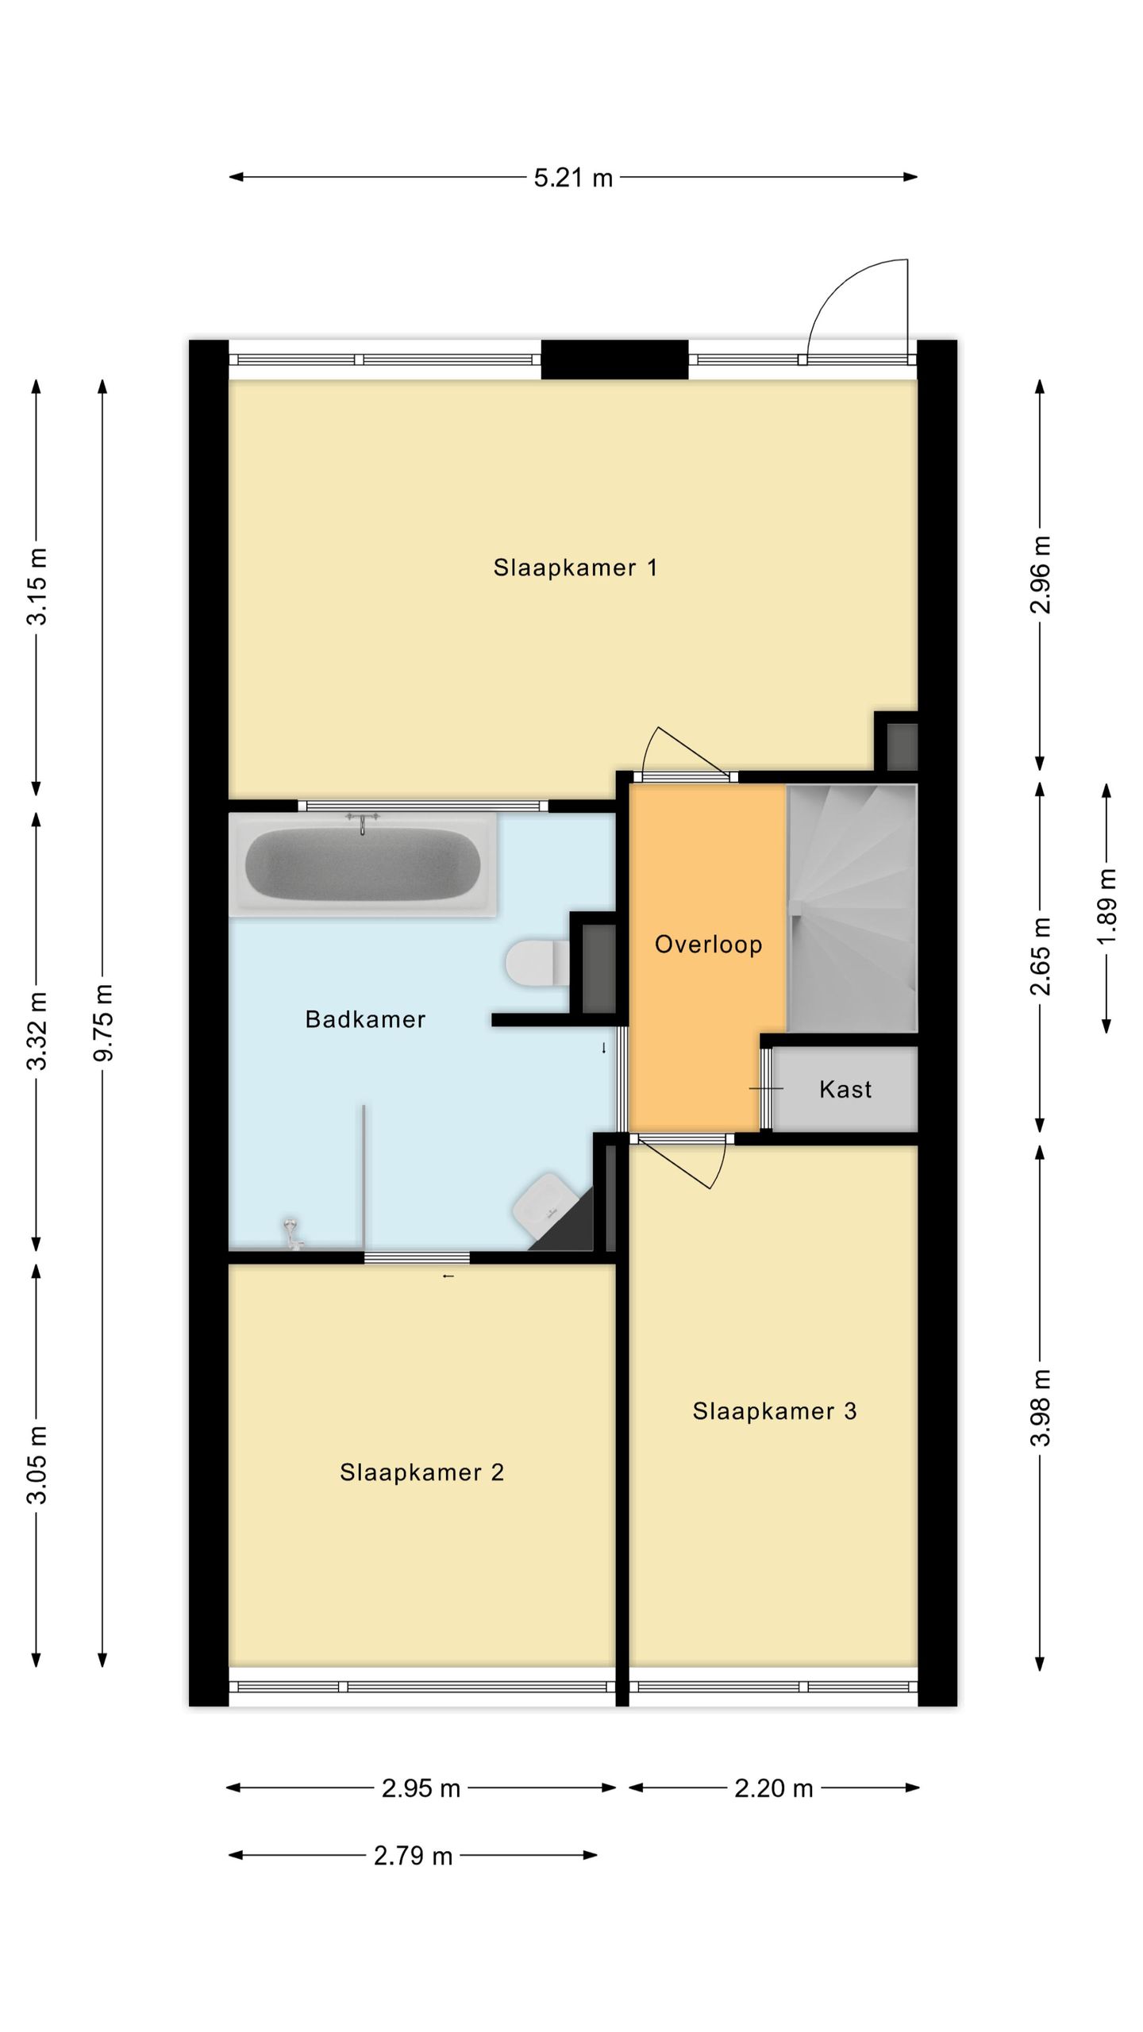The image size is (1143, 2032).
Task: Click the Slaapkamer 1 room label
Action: point(575,568)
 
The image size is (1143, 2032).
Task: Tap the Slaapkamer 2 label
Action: point(422,1472)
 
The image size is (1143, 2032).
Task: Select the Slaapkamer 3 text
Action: point(775,1410)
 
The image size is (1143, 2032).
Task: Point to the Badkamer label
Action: point(365,1019)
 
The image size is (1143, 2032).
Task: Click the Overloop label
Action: point(708,944)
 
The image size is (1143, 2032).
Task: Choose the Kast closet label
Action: point(845,1089)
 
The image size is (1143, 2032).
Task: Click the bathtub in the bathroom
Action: point(363,864)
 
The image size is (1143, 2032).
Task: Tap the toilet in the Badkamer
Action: point(537,963)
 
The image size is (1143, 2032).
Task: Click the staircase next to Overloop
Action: point(852,908)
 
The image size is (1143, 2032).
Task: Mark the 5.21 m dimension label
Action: point(573,178)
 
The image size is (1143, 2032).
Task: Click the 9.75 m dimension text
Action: point(103,1022)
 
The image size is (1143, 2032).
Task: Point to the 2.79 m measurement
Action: point(413,1856)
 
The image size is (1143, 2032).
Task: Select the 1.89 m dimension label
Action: point(1106,906)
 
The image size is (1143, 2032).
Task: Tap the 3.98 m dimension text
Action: point(1040,1408)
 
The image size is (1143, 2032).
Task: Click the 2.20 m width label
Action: point(774,1788)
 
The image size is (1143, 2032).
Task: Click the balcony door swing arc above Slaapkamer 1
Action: point(833,289)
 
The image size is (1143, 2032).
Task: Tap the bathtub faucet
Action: point(363,822)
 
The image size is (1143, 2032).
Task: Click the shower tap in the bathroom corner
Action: point(292,1234)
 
